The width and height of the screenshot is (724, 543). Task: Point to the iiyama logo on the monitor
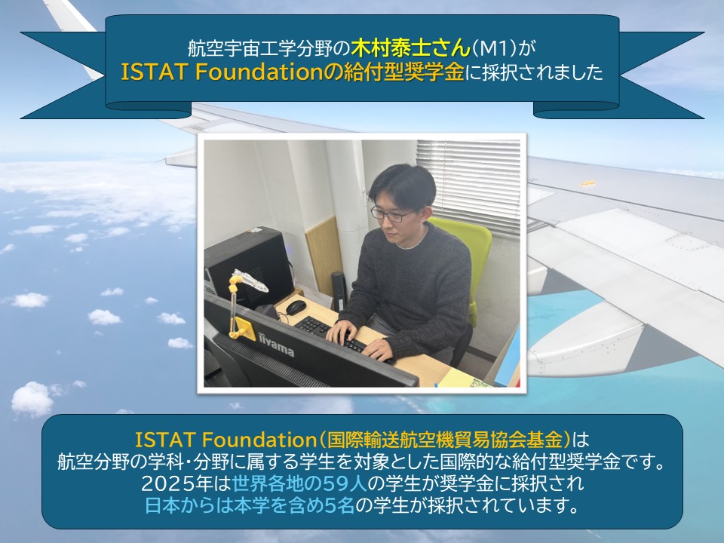[x=276, y=345]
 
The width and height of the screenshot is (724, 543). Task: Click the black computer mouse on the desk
[x=295, y=307]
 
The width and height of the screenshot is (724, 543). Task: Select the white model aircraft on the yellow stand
[x=250, y=281]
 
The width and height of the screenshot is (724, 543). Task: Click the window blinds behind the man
[x=468, y=186]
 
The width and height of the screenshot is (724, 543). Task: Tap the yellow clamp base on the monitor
[x=243, y=330]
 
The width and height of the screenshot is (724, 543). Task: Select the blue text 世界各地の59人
[x=300, y=484]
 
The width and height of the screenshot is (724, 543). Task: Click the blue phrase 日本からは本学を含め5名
[x=250, y=505]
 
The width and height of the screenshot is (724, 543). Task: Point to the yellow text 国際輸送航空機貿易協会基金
[x=445, y=440]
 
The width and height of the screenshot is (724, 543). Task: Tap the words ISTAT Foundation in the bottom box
[x=225, y=440]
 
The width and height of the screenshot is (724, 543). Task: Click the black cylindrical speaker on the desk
[x=339, y=290]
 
